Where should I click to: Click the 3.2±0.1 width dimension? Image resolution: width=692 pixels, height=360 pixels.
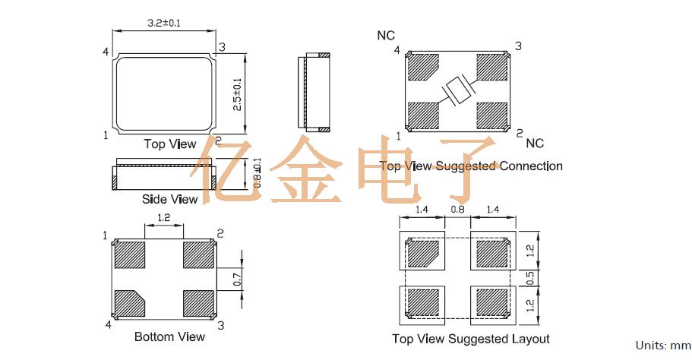(x=163, y=24)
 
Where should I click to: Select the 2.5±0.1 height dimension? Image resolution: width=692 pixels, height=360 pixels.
(x=237, y=94)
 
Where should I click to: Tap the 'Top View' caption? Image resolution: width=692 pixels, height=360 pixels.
(x=170, y=144)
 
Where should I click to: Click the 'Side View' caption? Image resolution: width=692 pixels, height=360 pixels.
(x=169, y=199)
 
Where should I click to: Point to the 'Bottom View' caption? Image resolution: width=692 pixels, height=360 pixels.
(x=169, y=336)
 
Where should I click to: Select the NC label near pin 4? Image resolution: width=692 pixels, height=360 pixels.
(x=386, y=36)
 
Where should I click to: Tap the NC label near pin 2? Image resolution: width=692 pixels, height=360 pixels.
(x=535, y=143)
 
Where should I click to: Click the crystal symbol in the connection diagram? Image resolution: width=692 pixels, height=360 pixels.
(x=458, y=91)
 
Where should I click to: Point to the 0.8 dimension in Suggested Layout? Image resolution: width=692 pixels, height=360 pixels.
(x=457, y=208)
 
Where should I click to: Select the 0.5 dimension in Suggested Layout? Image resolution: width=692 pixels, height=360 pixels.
(x=531, y=278)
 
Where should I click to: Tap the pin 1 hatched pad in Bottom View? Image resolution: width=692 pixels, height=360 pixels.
(x=131, y=255)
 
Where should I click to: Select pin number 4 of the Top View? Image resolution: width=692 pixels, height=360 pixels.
(x=106, y=52)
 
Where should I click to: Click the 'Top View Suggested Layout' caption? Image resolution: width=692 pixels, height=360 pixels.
(x=470, y=339)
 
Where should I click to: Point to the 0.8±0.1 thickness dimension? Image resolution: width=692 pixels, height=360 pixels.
(x=258, y=173)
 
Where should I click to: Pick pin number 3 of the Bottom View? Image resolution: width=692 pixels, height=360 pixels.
(x=221, y=325)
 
